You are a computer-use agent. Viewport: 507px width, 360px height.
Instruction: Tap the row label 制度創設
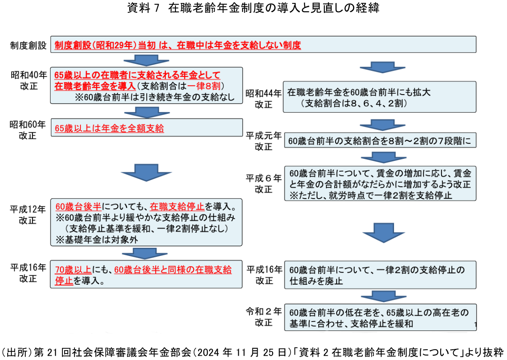pyautogui.click(x=28, y=45)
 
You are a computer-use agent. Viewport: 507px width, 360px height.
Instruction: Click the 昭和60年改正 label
pyautogui.click(x=28, y=130)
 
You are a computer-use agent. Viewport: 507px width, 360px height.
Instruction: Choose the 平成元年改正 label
pyautogui.click(x=264, y=141)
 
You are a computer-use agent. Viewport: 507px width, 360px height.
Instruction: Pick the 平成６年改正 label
pyautogui.click(x=264, y=183)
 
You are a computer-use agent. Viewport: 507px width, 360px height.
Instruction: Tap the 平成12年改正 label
pyautogui.click(x=28, y=215)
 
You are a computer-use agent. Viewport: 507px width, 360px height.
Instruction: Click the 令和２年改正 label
pyautogui.click(x=264, y=317)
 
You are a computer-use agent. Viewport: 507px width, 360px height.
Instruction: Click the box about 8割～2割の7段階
pyautogui.click(x=380, y=140)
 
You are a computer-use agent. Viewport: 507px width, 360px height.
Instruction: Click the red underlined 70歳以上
pyautogui.click(x=73, y=270)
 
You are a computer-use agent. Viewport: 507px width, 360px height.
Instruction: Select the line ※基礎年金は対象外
pyautogui.click(x=96, y=240)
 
